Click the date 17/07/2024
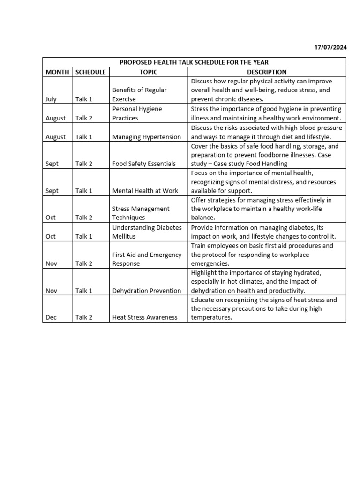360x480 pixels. pos(330,48)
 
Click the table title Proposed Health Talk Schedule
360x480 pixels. pos(194,62)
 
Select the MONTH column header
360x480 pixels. pos(57,72)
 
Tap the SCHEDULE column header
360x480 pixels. pos(90,72)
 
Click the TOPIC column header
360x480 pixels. pos(148,72)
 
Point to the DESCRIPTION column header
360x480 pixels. pos(267,72)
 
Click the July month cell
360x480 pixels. pos(51,99)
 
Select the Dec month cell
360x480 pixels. pos(51,317)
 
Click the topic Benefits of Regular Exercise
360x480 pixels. pos(139,95)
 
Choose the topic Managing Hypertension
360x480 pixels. pos(146,137)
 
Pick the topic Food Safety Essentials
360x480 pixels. pos(144,164)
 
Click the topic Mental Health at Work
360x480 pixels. pos(145,191)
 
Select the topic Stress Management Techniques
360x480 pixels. pos(141,213)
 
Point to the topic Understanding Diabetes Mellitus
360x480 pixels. pos(147,232)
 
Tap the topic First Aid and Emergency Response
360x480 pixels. pos(147,259)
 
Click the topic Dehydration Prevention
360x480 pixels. pos(146,291)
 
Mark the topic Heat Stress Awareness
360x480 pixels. pos(145,317)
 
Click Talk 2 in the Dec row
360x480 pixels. pos(84,317)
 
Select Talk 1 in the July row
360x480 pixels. pos(84,99)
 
